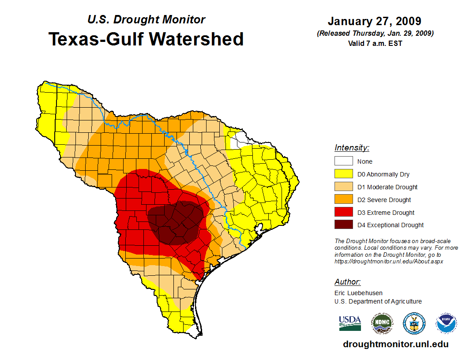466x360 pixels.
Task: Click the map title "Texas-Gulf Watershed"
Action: coord(146,39)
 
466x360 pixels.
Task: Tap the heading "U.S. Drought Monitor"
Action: coord(146,20)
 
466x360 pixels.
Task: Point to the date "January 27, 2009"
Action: coord(374,21)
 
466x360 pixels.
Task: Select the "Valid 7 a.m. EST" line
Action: coord(375,43)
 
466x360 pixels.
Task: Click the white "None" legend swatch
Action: coord(343,161)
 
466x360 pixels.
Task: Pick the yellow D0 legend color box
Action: coord(343,174)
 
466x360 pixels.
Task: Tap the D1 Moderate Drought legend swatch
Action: coord(343,187)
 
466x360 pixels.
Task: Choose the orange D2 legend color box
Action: coord(343,200)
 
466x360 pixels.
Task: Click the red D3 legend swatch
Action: coord(343,213)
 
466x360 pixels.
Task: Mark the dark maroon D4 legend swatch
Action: coord(343,225)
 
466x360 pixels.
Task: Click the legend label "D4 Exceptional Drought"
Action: coord(390,225)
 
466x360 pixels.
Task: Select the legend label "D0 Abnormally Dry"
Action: coord(383,174)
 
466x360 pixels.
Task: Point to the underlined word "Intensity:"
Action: coord(352,148)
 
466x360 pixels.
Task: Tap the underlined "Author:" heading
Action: coord(347,282)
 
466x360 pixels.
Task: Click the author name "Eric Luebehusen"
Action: coord(358,293)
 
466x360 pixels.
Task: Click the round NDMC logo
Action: coord(382,323)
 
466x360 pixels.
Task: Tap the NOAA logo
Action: coord(446,323)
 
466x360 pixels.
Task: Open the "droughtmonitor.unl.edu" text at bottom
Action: coord(395,345)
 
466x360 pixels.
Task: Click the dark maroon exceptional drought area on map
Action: coord(177,223)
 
